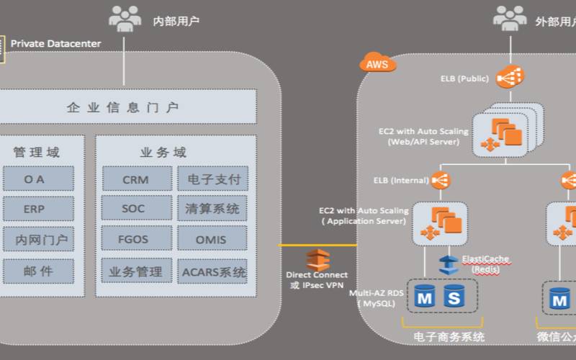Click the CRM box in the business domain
tap(136, 179)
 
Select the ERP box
tap(38, 209)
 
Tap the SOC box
tap(136, 209)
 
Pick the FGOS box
tap(136, 240)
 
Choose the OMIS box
tap(212, 240)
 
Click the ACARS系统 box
tap(212, 271)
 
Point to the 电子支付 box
tap(212, 179)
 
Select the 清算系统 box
tap(212, 209)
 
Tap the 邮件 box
tap(38, 271)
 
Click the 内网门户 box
tap(38, 240)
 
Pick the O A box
tap(38, 179)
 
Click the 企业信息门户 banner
tap(126, 107)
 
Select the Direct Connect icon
tap(317, 260)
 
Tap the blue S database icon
tap(454, 295)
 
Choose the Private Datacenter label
tap(55, 44)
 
